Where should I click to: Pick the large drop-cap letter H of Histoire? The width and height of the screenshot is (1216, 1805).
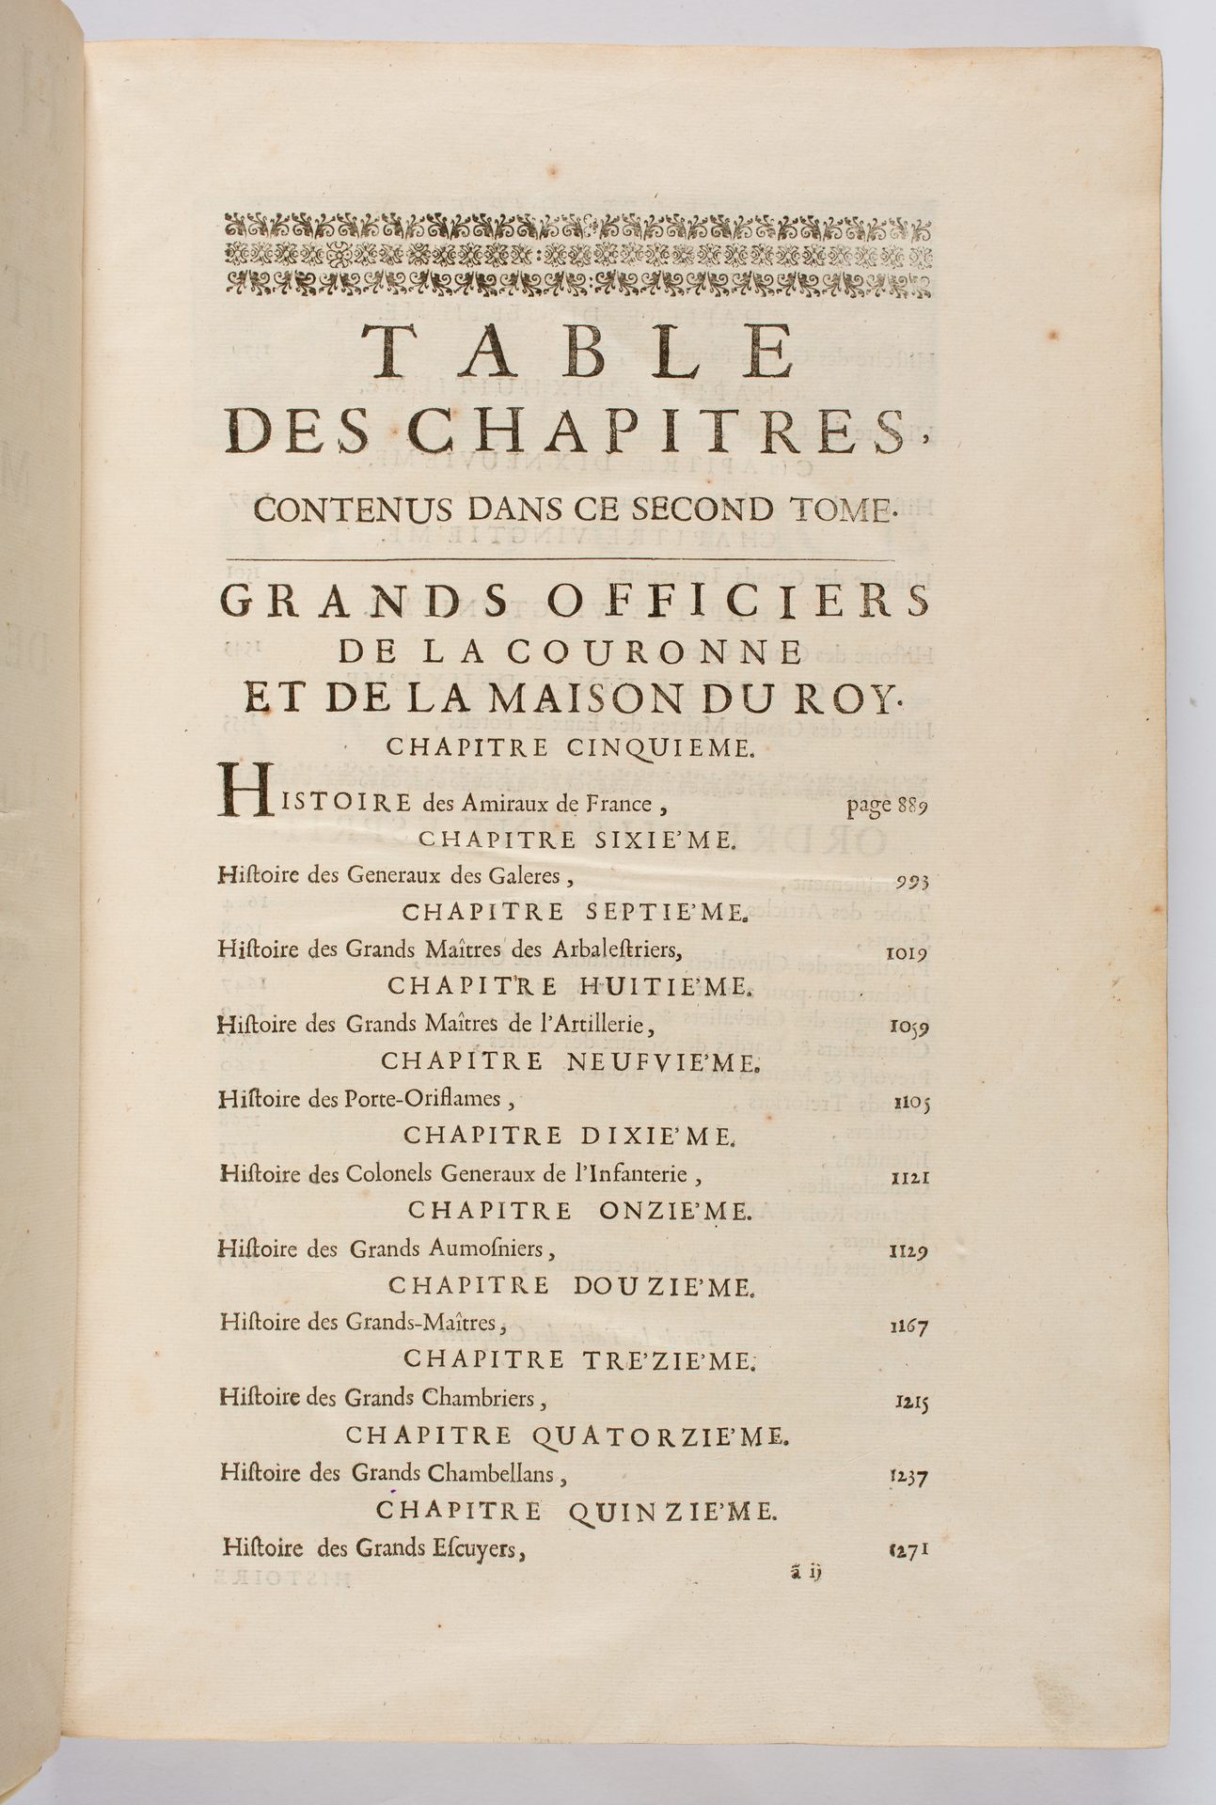click(238, 792)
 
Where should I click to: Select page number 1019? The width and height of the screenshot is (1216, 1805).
click(908, 953)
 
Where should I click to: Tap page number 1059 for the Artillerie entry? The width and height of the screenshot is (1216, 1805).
click(908, 1028)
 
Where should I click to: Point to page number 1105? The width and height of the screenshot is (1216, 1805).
click(909, 1102)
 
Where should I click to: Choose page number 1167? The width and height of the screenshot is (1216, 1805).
click(908, 1327)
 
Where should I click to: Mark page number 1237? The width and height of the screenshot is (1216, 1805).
click(908, 1477)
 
